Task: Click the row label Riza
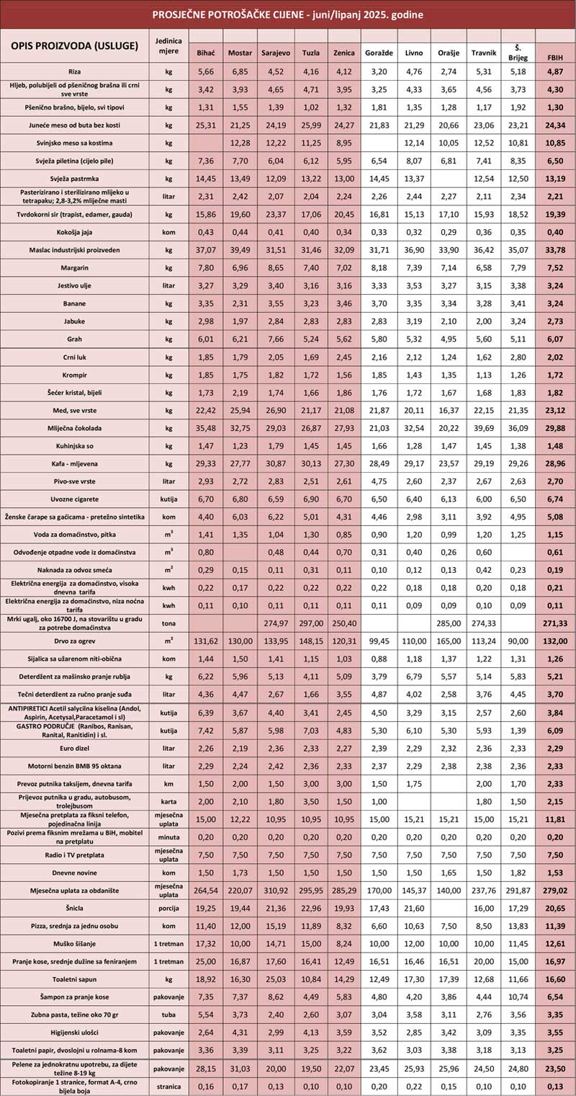coord(75,72)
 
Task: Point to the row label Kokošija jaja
coord(75,232)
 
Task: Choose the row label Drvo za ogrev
coord(75,641)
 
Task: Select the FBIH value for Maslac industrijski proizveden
coord(555,250)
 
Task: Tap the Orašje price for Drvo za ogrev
coord(449,641)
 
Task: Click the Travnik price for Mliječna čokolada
coord(483,428)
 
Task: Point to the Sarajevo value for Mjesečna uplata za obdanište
coord(275,891)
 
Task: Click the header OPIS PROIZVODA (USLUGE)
coord(75,46)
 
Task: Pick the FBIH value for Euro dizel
coord(555,748)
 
